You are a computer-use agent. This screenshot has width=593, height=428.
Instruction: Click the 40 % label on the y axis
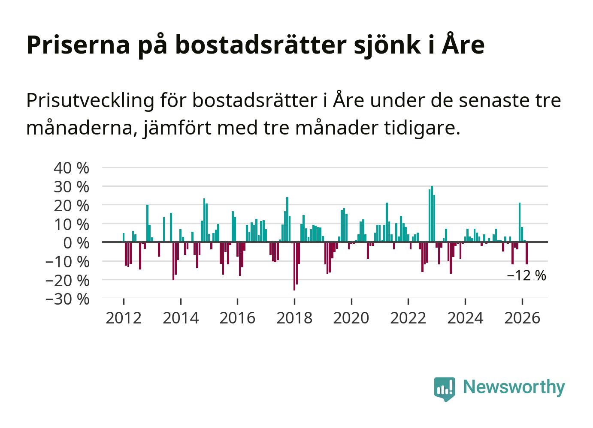pos(71,168)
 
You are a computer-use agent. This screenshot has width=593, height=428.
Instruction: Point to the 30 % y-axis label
pos(71,187)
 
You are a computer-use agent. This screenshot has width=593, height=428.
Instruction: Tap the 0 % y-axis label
pos(76,243)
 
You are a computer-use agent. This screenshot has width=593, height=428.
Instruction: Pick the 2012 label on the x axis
pos(124,318)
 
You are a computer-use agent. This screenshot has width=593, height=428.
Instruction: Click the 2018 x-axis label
pos(294,318)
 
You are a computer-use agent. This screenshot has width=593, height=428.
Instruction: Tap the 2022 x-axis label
pos(408,318)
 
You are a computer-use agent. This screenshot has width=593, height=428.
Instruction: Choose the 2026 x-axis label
pos(522,318)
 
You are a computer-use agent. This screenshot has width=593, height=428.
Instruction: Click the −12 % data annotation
pos(526,276)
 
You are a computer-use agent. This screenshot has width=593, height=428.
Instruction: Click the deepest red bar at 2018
pos(294,266)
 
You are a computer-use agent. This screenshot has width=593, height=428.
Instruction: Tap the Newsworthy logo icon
pos(445,389)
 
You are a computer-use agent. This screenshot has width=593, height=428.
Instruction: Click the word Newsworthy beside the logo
pos(514,387)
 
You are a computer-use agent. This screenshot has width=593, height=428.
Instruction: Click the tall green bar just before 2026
pos(520,222)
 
